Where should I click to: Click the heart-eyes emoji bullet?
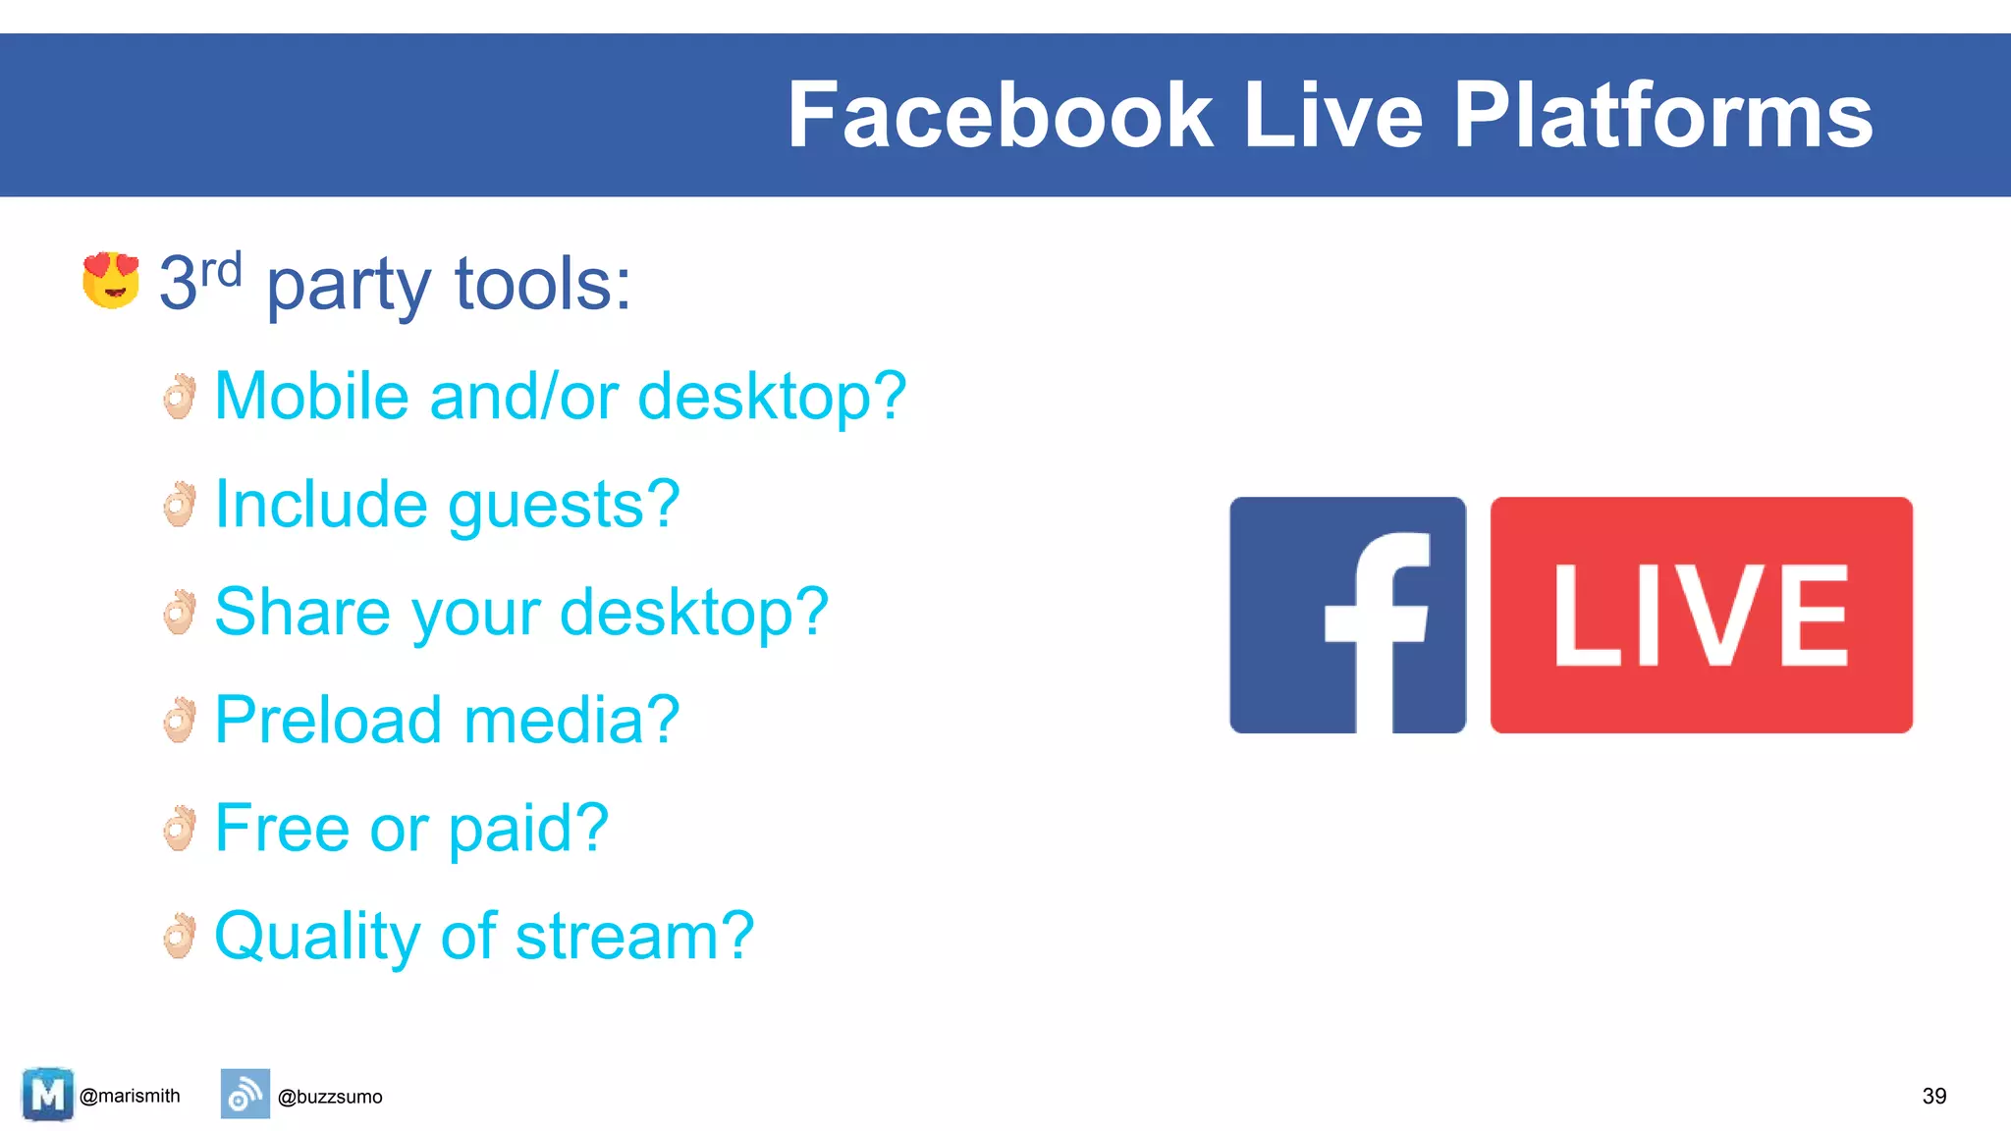point(111,280)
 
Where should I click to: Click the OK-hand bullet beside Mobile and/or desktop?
point(180,397)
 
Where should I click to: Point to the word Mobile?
point(311,396)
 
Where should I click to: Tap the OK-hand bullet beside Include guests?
point(180,505)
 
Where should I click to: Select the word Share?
point(302,613)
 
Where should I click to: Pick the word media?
point(571,720)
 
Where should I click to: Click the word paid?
point(528,830)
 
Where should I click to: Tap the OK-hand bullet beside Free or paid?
point(180,829)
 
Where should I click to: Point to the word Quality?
point(317,938)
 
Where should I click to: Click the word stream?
point(634,936)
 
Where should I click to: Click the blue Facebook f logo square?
point(1347,615)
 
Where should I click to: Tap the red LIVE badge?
point(1701,615)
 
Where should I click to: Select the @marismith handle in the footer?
point(130,1096)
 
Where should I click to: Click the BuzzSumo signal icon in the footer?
point(245,1094)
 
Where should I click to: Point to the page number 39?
point(1933,1096)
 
